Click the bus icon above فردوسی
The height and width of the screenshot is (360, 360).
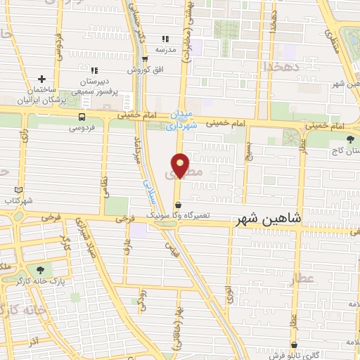click(x=83, y=117)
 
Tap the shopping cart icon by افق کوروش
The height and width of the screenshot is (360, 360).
click(x=146, y=59)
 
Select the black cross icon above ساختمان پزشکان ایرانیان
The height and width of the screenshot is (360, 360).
click(x=42, y=79)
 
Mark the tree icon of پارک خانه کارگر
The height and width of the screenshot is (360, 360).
click(x=39, y=269)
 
